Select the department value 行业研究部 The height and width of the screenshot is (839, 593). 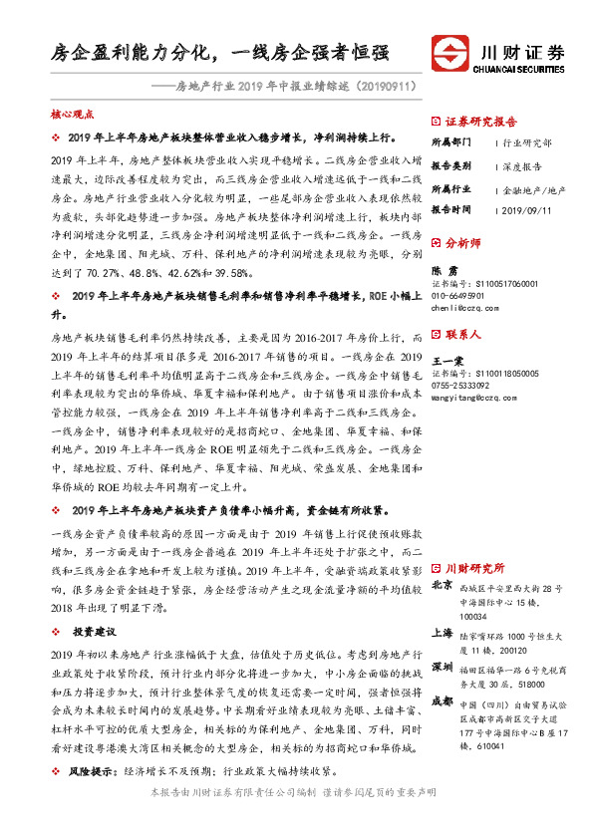click(x=524, y=143)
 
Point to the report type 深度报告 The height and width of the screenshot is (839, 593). click(x=521, y=166)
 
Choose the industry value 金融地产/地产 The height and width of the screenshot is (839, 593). click(x=534, y=188)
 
